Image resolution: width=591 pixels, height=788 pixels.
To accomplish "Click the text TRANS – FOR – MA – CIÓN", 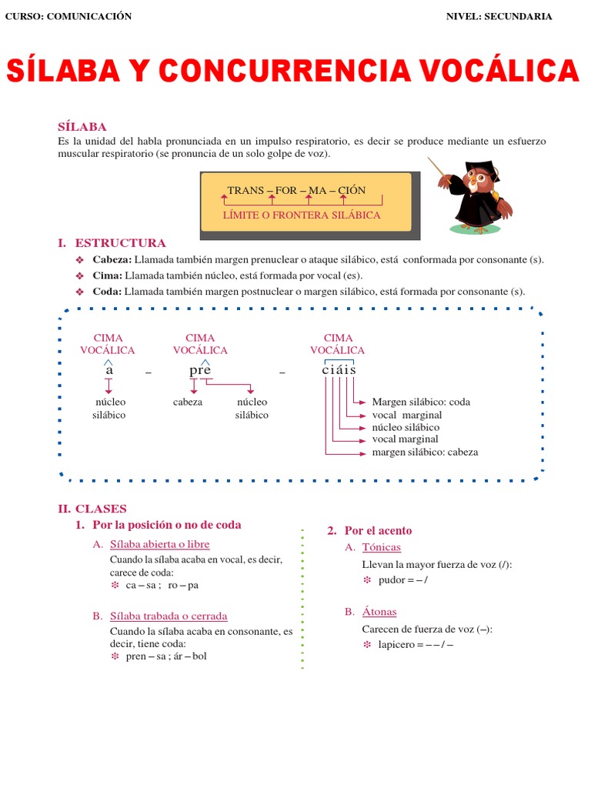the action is pyautogui.click(x=296, y=190).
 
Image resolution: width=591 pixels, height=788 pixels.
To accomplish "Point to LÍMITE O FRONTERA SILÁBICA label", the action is pyautogui.click(x=302, y=215).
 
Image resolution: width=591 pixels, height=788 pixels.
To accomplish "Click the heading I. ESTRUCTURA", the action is pyautogui.click(x=112, y=243).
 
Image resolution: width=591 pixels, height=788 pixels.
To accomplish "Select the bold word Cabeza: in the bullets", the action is pyautogui.click(x=112, y=259).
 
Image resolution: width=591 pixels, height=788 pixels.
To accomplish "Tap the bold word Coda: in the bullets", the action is pyautogui.click(x=107, y=292).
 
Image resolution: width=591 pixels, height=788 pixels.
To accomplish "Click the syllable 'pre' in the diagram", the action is pyautogui.click(x=200, y=370).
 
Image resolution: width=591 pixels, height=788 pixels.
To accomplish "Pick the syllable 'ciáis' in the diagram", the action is pyautogui.click(x=339, y=370).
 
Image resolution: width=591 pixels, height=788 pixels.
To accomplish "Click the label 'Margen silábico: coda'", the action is pyautogui.click(x=420, y=402).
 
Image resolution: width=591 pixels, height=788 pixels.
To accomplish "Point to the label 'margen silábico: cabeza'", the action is pyautogui.click(x=425, y=452).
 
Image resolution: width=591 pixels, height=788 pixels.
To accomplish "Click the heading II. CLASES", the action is pyautogui.click(x=92, y=509).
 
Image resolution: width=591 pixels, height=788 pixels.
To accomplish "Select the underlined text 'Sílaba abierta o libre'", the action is pyautogui.click(x=159, y=544).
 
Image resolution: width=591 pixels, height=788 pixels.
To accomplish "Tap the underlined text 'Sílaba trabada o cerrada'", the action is pyautogui.click(x=169, y=616).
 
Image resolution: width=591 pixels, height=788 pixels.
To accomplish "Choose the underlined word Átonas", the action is pyautogui.click(x=379, y=612).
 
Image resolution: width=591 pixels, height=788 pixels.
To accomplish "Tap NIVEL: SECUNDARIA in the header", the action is pyautogui.click(x=499, y=17).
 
